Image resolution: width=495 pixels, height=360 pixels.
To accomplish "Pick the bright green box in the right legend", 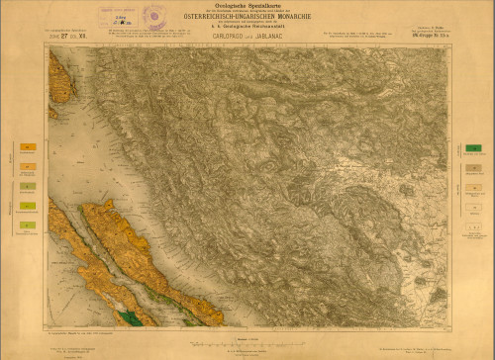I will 473,149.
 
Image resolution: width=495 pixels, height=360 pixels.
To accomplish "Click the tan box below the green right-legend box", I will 473,168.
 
